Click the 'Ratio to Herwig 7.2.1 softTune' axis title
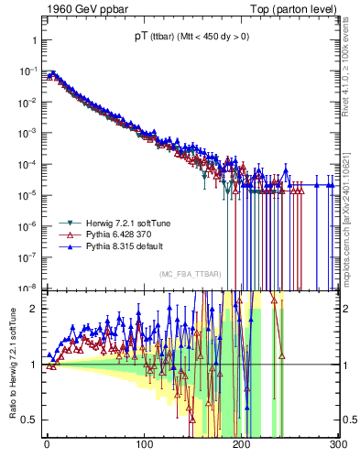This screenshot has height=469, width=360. click(x=11, y=364)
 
